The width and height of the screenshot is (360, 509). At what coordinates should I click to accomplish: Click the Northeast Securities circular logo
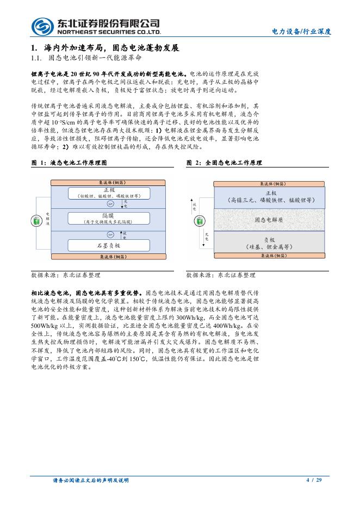41,25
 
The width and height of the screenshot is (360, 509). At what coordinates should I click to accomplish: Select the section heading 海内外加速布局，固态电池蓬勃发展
108,48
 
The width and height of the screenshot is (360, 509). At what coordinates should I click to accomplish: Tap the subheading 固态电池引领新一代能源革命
95,58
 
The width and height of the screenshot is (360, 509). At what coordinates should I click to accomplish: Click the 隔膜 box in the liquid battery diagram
108,218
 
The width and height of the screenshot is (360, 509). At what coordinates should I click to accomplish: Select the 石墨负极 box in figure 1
108,246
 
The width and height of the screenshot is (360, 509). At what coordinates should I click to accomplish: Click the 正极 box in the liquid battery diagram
108,193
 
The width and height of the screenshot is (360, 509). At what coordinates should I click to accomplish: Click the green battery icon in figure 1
36,221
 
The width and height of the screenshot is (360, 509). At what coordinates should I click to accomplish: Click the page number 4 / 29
314,480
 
